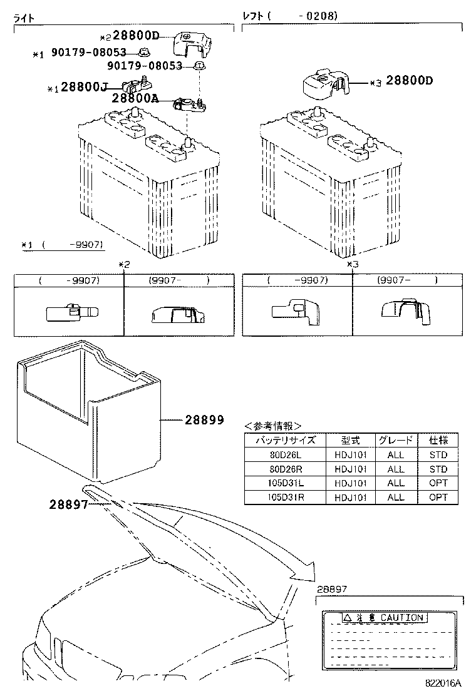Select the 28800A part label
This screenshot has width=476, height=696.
coord(135,98)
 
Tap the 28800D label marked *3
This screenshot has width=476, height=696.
coord(410,81)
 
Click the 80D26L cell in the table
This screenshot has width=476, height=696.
coord(285,455)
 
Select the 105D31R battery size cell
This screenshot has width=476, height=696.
coord(285,497)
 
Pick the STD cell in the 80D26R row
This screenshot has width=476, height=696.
coord(438,469)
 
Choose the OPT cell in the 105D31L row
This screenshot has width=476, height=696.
coord(438,483)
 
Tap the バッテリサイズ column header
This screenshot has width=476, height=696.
coord(285,440)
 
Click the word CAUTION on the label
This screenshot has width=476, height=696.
coord(401,618)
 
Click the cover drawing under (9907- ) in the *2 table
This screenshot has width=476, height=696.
coord(177,314)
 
